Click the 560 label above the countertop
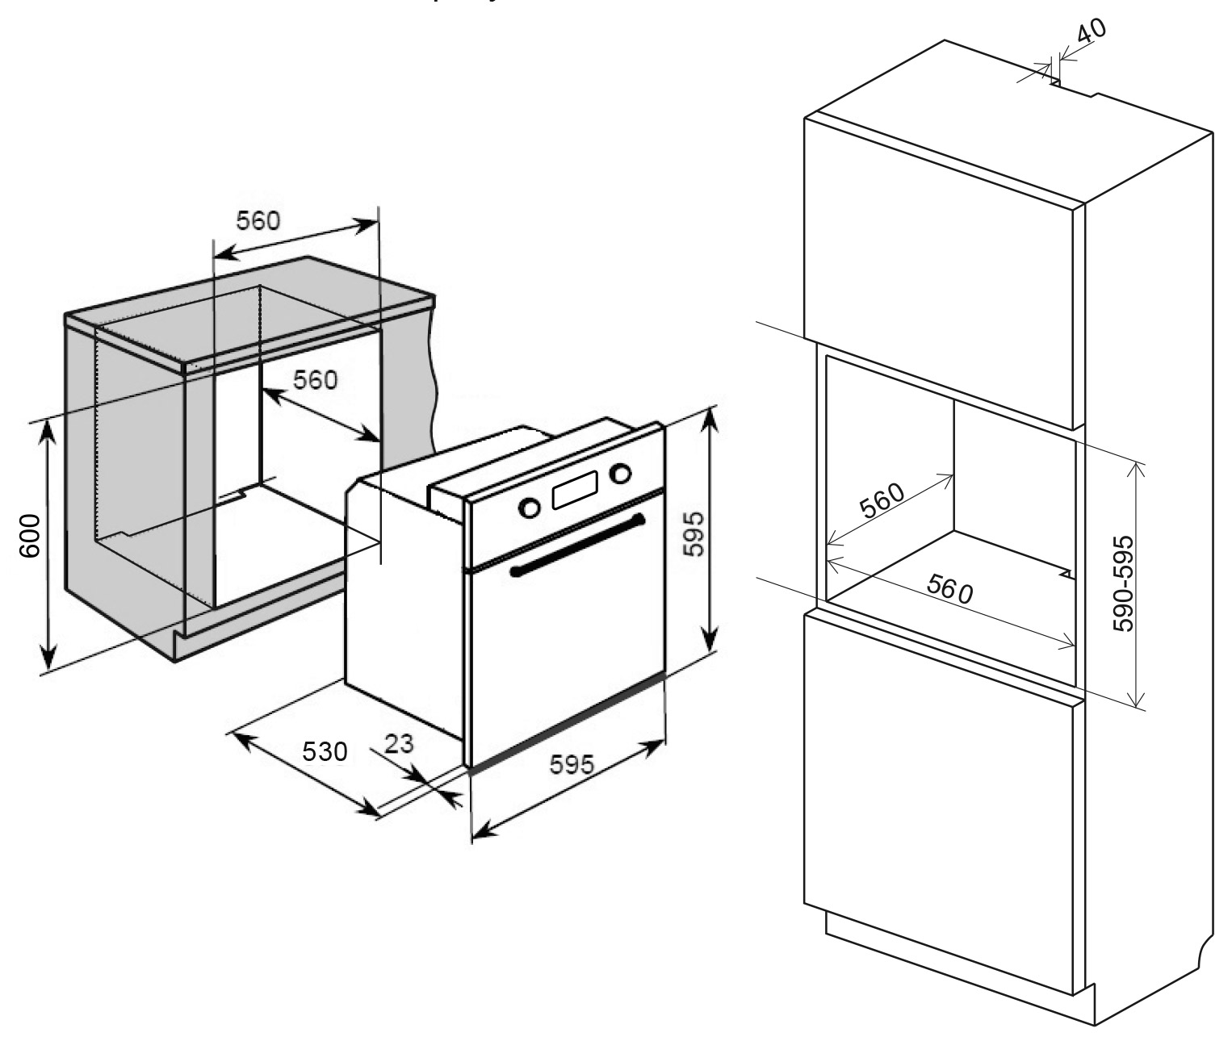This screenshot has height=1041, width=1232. click(258, 219)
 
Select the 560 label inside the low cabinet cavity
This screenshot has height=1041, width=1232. click(315, 379)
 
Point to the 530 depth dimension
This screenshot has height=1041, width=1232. click(325, 751)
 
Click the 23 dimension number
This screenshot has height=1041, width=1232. click(398, 742)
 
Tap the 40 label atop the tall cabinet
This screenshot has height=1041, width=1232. click(1092, 32)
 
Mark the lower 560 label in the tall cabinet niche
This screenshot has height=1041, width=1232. click(949, 591)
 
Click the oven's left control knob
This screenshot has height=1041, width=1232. click(530, 507)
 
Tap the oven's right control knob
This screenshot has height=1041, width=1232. click(621, 473)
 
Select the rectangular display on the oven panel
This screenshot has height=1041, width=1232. click(575, 490)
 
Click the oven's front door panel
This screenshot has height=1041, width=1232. click(565, 646)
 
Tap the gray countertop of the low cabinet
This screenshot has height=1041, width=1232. click(250, 311)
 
